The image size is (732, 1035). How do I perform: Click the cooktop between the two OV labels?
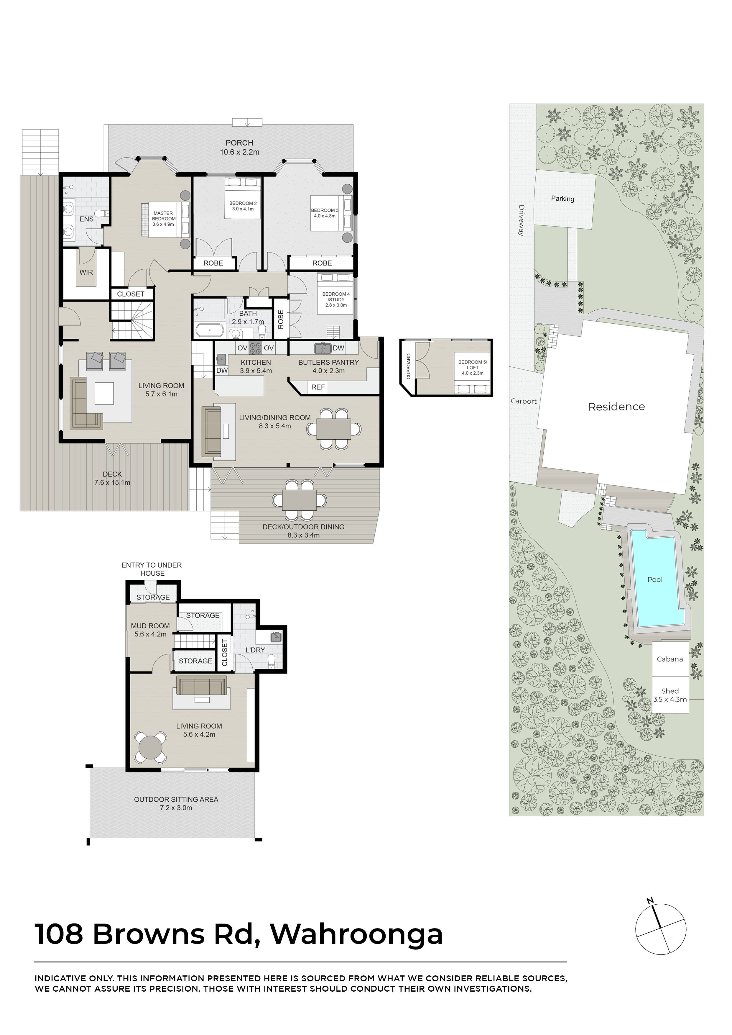[256, 348]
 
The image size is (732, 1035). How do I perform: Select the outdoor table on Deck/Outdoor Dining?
[300, 500]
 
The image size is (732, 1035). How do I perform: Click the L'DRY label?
[255, 650]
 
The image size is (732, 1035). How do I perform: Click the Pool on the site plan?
[655, 579]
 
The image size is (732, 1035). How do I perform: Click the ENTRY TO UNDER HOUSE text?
[152, 569]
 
